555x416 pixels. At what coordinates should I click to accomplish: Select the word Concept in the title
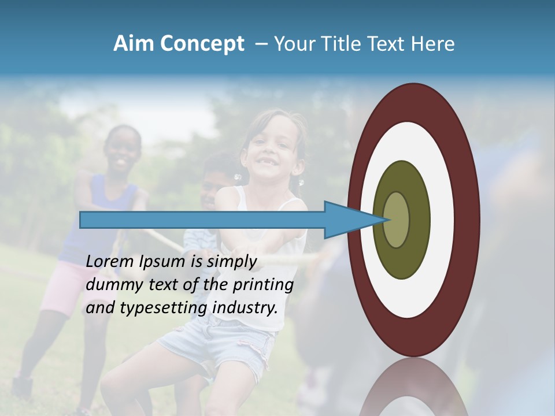point(202,44)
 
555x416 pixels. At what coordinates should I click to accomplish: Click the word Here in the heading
point(432,44)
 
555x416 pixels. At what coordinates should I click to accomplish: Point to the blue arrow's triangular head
point(353,220)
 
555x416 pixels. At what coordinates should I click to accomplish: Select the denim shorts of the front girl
point(220,341)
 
